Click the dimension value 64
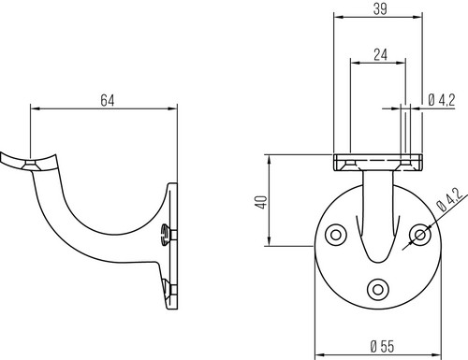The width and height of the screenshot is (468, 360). coord(108,100)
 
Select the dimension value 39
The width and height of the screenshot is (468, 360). coord(380,8)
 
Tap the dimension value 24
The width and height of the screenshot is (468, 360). coord(380,54)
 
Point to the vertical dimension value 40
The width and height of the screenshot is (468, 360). coord(261,202)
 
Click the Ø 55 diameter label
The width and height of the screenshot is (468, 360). coord(382,346)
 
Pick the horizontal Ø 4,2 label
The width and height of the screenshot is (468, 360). coord(442,100)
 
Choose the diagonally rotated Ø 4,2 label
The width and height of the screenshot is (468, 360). coord(449,199)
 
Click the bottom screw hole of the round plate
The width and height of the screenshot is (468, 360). coord(378,290)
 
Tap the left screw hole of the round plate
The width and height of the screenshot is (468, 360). coord(336,235)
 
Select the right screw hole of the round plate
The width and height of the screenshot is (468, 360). coord(420,235)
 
